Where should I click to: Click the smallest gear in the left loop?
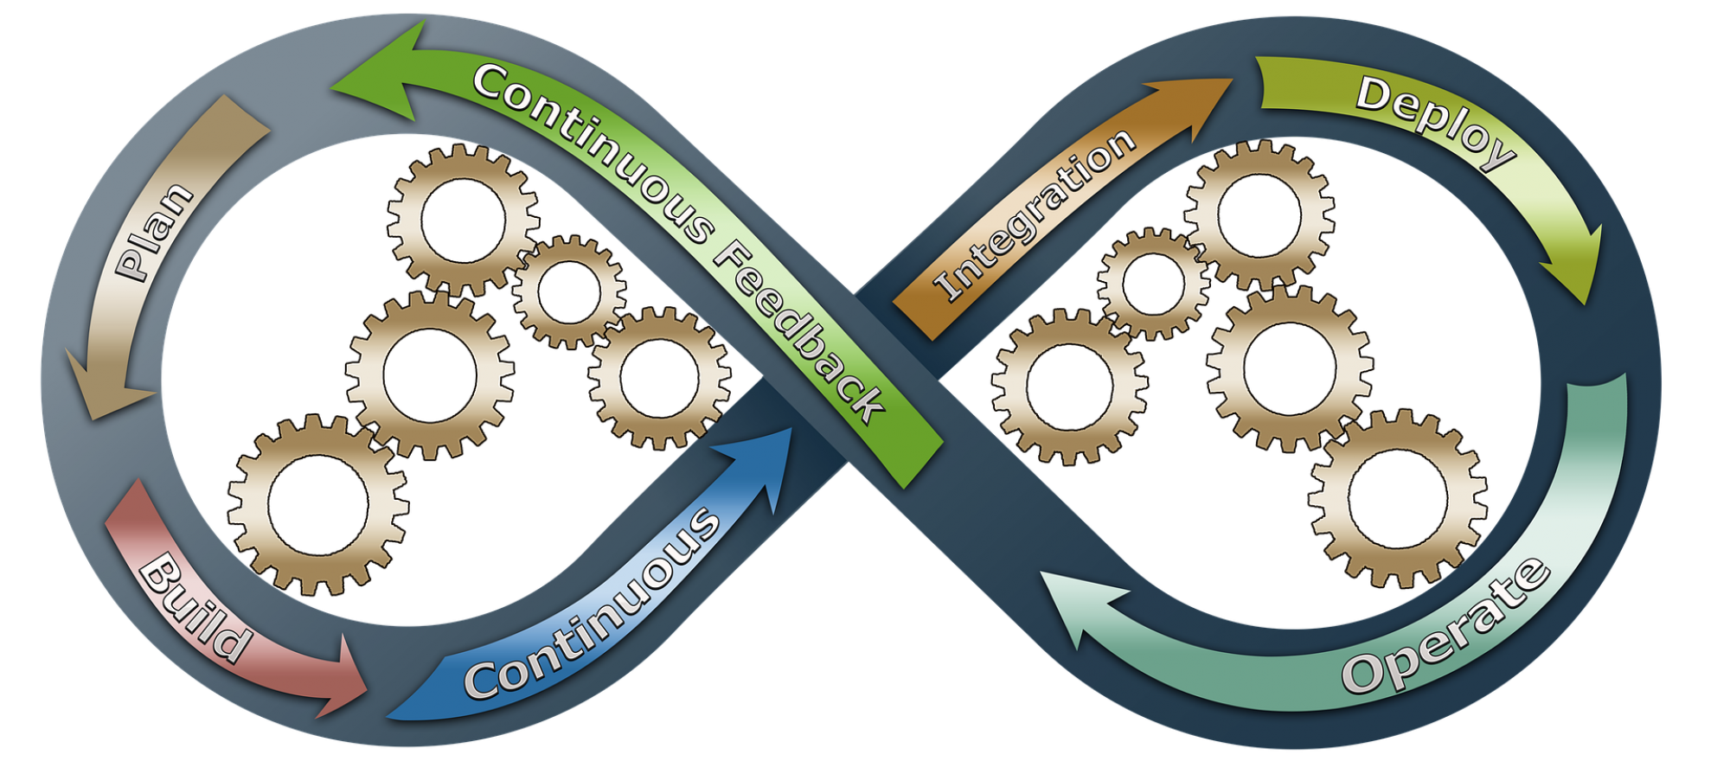click(568, 291)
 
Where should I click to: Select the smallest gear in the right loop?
click(1153, 283)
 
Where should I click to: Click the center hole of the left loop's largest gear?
click(318, 505)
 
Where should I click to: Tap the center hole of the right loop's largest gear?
click(1398, 499)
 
